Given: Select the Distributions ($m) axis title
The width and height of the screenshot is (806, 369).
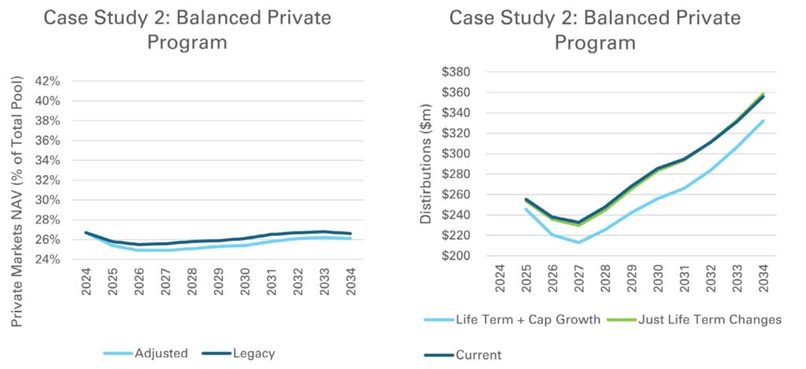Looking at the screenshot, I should coord(426,164).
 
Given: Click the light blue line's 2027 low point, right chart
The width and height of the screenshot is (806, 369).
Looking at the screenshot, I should coord(578,242).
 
